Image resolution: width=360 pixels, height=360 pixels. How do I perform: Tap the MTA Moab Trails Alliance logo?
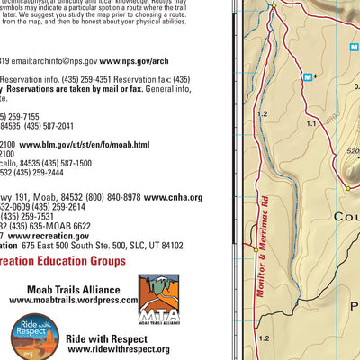[157, 300]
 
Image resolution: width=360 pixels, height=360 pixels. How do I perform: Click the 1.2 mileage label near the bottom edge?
[263, 337]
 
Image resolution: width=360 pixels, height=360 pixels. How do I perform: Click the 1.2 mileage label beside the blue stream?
[263, 114]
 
